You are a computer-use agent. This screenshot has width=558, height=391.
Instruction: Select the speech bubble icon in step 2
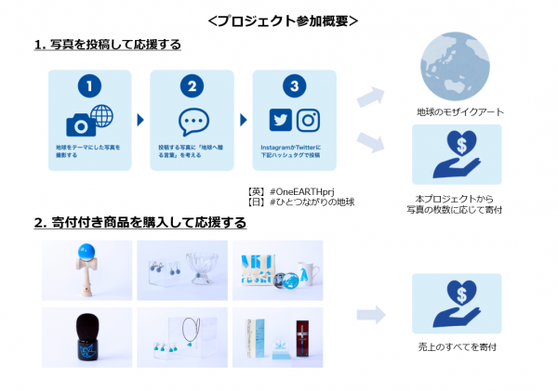tap(192, 122)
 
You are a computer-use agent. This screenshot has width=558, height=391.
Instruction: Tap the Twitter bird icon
tap(281, 120)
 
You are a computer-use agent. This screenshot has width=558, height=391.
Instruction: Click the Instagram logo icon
tap(308, 120)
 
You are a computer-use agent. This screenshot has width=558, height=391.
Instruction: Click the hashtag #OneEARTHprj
tap(300, 190)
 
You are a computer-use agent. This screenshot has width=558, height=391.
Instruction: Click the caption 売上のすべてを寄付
tap(457, 346)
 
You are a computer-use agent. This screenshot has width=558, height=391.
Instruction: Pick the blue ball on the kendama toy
tap(87, 250)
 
